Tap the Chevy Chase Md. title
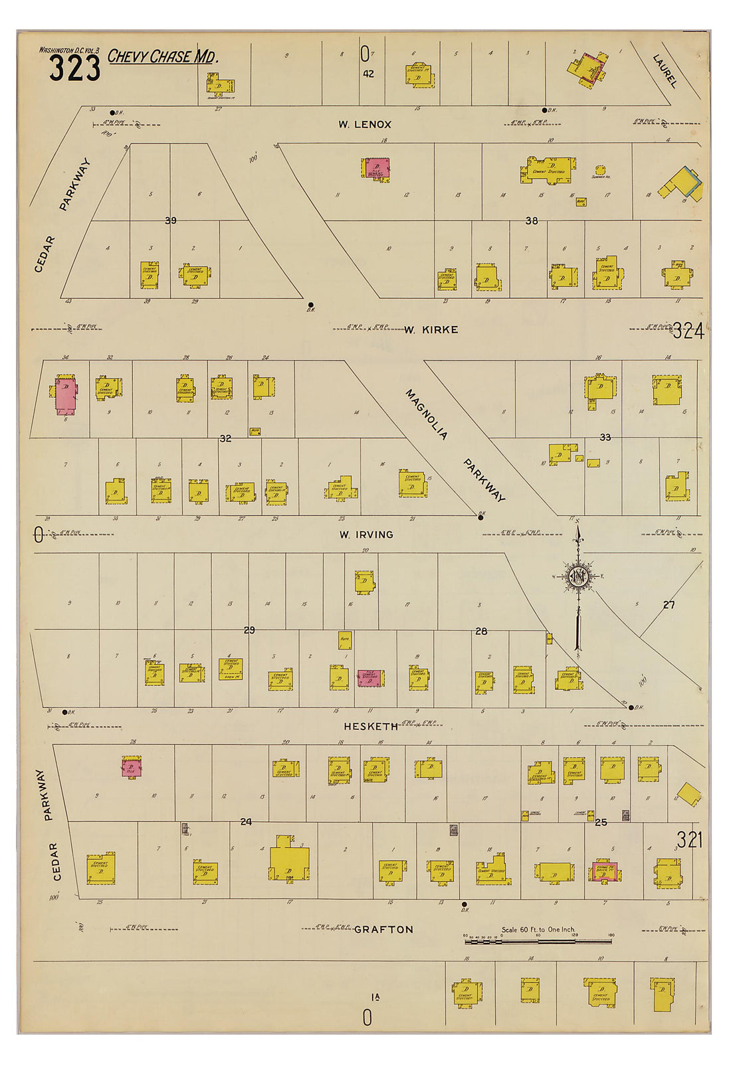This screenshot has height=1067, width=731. pos(163,57)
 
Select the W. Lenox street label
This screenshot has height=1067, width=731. pos(364,124)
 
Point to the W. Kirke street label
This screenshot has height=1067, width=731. pos(431,329)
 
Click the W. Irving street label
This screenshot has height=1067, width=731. pos(365,534)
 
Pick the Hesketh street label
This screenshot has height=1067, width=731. pos(371,726)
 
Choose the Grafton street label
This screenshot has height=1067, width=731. pos(383,930)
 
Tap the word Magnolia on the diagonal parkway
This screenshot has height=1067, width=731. pos(426,415)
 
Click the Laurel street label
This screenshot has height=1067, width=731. pos(665,71)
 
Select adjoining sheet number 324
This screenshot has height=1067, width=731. pos(688,331)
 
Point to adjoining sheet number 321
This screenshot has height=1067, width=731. pos(690,840)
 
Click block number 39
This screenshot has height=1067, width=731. pos(171,220)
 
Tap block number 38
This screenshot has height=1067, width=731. pos(532,220)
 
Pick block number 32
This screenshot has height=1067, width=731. pos(226,438)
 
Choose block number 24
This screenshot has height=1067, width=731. pos(246,821)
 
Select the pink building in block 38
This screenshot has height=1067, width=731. pos(378,167)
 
